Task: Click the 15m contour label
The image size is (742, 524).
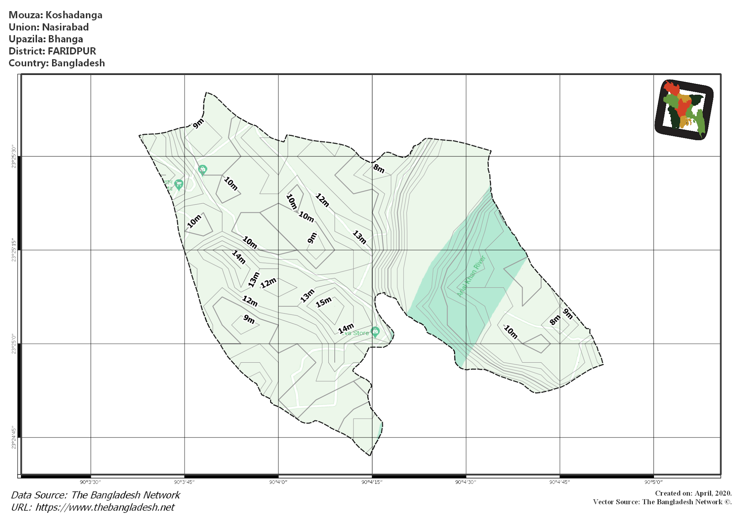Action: (324, 302)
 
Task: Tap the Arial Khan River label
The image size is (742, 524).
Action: (471, 276)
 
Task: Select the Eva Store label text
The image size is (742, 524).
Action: (355, 333)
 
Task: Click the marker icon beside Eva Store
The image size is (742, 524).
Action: (376, 331)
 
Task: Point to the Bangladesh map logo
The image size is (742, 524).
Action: (684, 110)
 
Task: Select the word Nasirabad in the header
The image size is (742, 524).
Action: (65, 27)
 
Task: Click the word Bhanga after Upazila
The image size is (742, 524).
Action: (66, 39)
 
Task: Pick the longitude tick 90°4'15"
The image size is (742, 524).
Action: (372, 482)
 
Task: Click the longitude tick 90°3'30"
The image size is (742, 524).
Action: (90, 482)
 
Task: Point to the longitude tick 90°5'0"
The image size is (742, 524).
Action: (653, 482)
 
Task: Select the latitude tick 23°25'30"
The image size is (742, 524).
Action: (14, 157)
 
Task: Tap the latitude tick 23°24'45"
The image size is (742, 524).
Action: (14, 438)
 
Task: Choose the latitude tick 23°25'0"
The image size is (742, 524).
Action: (14, 344)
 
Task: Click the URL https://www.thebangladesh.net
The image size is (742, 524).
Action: (105, 507)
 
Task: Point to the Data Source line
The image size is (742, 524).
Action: (95, 495)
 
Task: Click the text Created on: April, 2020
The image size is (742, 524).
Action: (693, 493)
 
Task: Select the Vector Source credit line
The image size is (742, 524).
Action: (662, 502)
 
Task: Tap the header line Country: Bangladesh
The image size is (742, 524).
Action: (57, 63)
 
